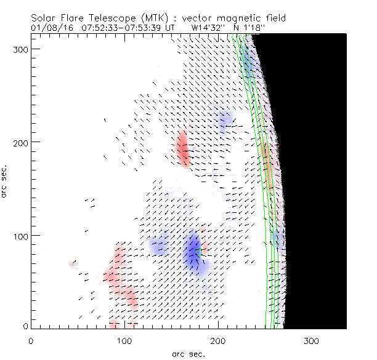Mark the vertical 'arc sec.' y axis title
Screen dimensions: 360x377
coord(6,180)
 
